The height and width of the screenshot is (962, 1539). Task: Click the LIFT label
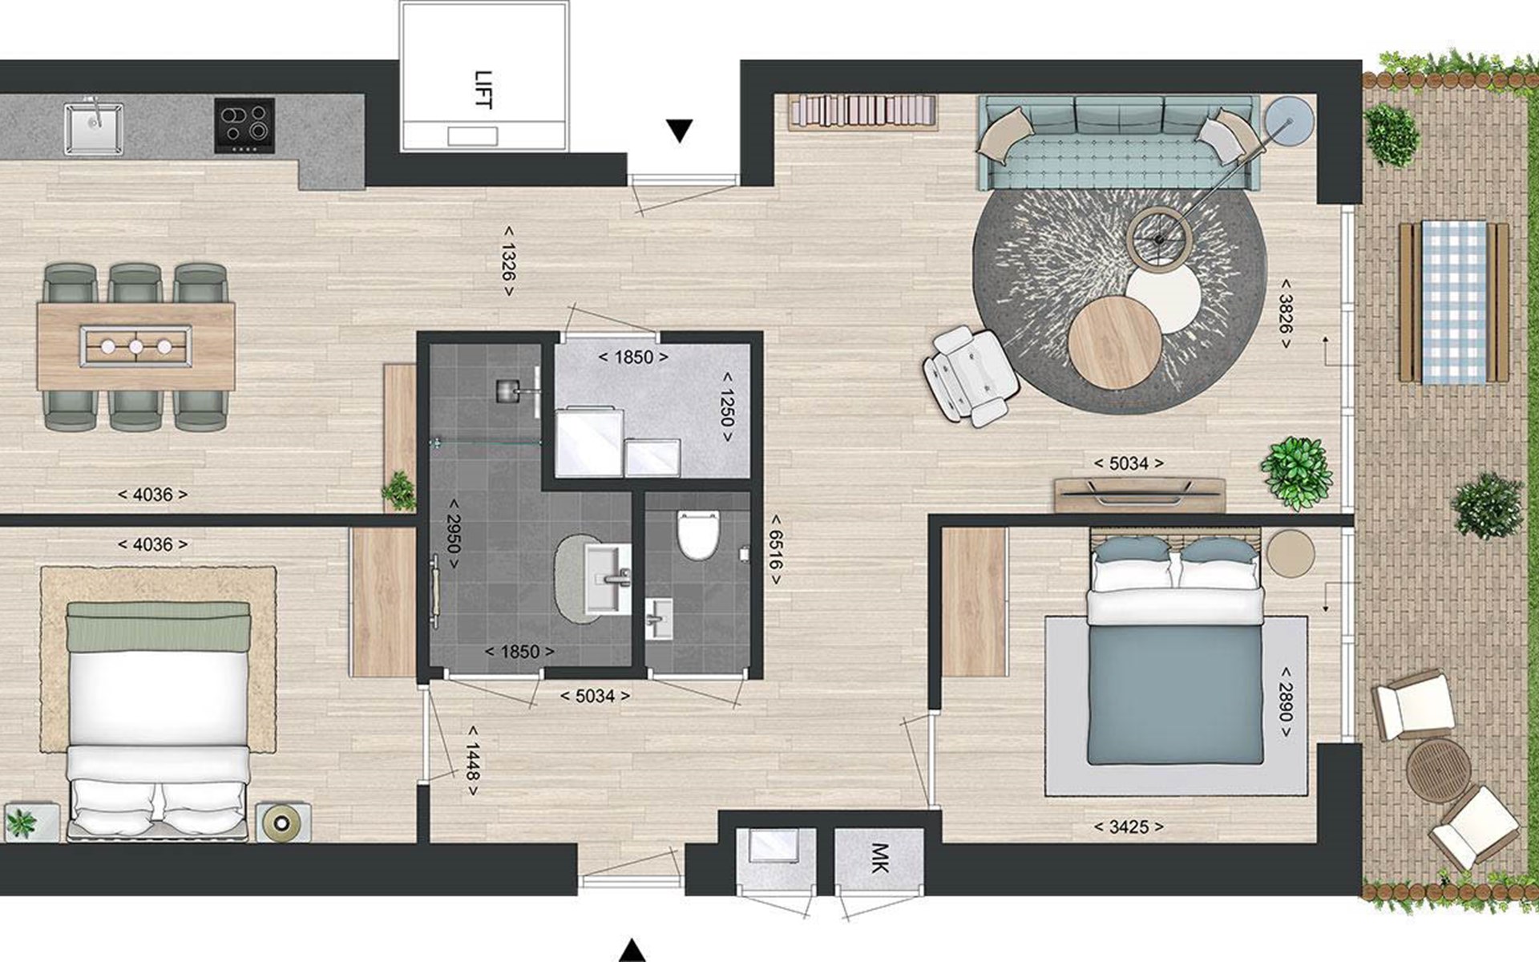483,90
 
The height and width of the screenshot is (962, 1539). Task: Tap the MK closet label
879,857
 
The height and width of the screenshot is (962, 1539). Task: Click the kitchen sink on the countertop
93,127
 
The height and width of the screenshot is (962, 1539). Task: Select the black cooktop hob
244,124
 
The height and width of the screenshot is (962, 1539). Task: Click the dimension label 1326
508,261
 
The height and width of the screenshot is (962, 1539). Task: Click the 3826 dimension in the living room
1285,314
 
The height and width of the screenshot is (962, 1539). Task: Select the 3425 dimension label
1129,827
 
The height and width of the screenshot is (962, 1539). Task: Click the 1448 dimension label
473,761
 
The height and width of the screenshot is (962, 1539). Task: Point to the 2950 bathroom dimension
453,535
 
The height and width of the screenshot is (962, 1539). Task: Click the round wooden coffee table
1115,342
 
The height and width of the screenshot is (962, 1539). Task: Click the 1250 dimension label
726,406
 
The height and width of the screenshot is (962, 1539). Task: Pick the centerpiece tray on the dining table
135,346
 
